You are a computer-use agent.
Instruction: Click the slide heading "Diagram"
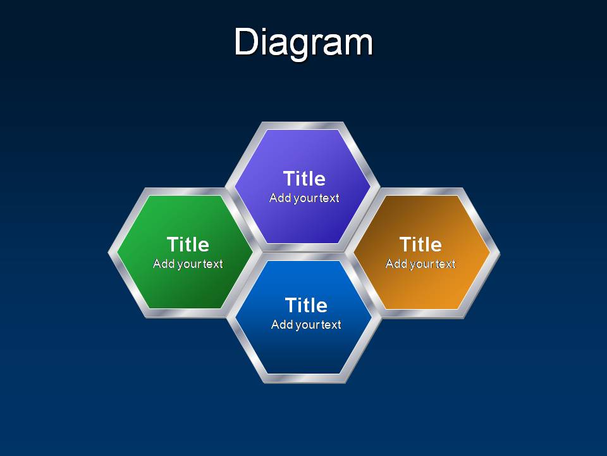[x=303, y=42]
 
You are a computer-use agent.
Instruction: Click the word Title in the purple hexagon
[x=304, y=179]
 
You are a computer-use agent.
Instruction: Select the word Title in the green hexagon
[x=188, y=244]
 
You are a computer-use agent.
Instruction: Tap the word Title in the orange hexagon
[x=420, y=244]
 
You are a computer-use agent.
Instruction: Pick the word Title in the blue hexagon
[x=306, y=305]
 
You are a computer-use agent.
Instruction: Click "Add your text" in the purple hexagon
[x=304, y=198]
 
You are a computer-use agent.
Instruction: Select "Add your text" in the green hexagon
[x=188, y=264]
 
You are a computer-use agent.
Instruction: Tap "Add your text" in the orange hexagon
[x=421, y=264]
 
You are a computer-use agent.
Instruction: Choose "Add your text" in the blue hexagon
[x=306, y=324]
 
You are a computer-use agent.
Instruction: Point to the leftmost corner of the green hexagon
[x=108, y=253]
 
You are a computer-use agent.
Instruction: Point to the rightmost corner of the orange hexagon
[x=500, y=253]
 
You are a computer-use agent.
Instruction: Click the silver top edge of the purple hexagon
[x=303, y=125]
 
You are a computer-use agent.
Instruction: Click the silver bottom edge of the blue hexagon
[x=304, y=379]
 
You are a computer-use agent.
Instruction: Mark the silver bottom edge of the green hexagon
[x=186, y=313]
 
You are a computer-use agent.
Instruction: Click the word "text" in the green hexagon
[x=213, y=264]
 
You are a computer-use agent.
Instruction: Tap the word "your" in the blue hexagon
[x=307, y=326]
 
